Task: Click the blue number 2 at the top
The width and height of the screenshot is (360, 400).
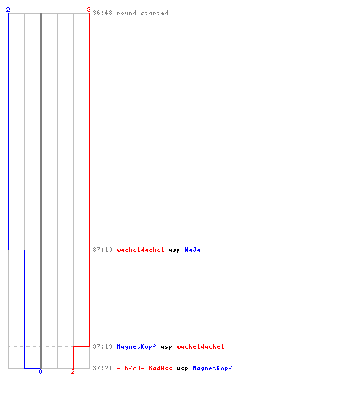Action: [8, 10]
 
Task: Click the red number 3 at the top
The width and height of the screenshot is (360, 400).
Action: [89, 10]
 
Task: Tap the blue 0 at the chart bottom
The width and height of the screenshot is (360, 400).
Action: [40, 371]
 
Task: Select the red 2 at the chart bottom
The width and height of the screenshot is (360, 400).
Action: [73, 371]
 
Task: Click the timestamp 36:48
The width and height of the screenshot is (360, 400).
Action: [102, 13]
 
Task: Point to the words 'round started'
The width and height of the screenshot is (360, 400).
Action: [142, 13]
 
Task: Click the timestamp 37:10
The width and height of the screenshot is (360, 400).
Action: [102, 250]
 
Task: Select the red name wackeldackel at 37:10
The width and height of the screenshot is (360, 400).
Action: [140, 250]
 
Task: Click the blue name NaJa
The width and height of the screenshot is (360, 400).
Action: [192, 250]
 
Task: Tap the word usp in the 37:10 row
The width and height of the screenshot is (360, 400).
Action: [174, 250]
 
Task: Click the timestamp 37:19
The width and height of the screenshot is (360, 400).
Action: [102, 346]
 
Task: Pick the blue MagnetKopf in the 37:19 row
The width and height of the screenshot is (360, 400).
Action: [136, 346]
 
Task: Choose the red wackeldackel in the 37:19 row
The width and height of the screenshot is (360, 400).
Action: [200, 346]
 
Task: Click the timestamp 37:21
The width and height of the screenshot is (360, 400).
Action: [102, 368]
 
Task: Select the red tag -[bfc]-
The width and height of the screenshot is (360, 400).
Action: [130, 368]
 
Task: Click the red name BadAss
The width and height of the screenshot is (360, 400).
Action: [160, 368]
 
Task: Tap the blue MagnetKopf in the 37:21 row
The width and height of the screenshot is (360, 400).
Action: [212, 368]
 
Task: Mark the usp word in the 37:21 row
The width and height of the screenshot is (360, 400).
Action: [182, 369]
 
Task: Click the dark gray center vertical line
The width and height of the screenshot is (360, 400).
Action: [41, 190]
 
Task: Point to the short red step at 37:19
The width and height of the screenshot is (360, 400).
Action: [81, 346]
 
